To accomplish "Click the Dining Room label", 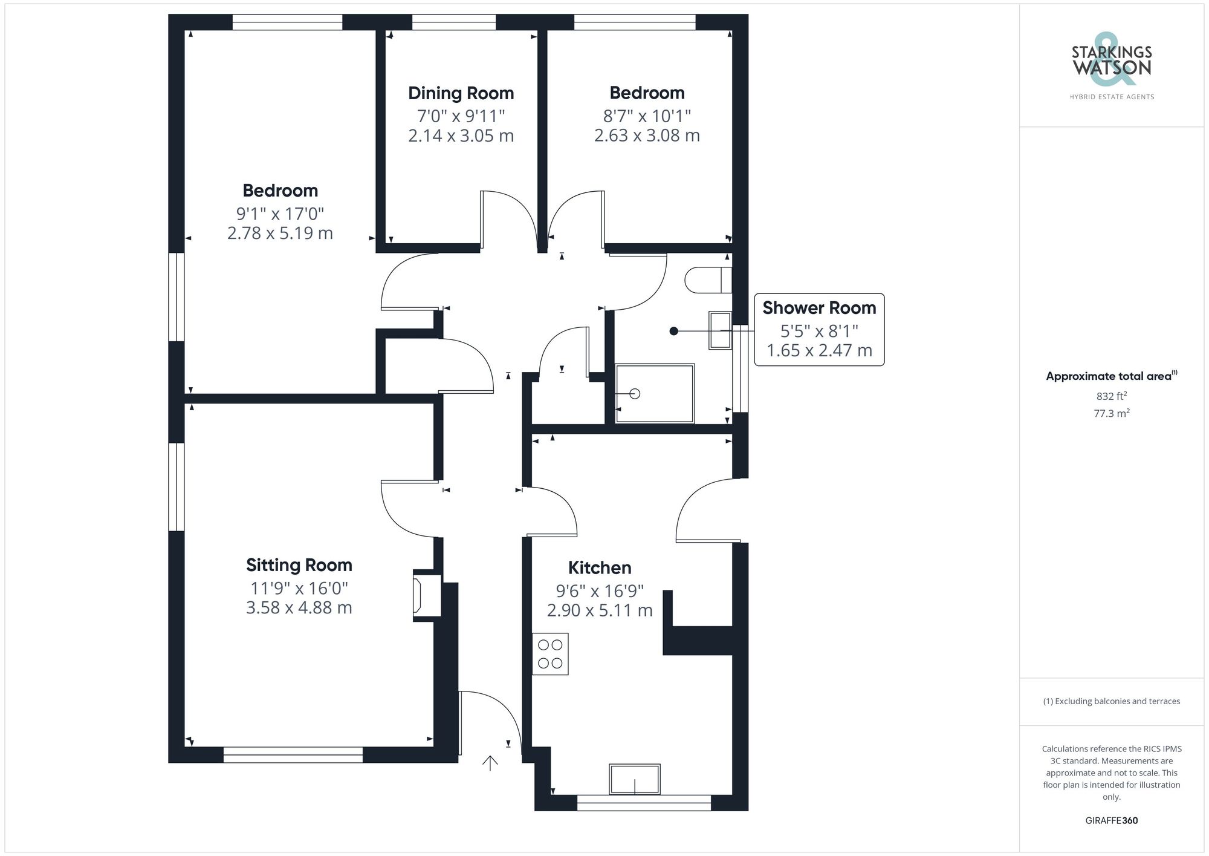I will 461,93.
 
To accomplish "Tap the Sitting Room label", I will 299,565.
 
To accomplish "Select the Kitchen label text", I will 600,568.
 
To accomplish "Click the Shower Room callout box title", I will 819,308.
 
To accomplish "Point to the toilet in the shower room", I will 707,279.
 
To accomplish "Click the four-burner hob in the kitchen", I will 550,654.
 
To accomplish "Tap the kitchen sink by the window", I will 635,779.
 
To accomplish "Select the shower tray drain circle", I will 635,394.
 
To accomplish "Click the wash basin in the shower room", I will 720,330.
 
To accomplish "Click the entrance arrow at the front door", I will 490,763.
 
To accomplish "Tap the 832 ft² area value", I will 1112,396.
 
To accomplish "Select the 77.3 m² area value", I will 1112,414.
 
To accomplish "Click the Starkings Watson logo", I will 1112,60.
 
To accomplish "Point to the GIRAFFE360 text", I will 1112,821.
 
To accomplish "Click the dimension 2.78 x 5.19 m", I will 280,234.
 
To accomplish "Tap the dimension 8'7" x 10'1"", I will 647,116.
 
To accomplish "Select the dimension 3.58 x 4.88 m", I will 299,608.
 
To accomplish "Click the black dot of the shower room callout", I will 674,331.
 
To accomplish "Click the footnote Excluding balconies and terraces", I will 1112,702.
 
